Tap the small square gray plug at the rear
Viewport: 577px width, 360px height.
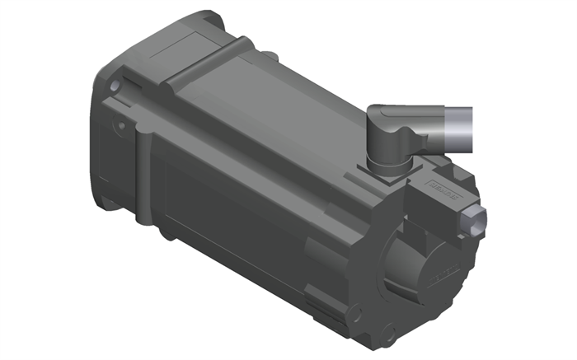pyautogui.click(x=476, y=221)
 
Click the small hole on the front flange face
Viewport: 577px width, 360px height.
pyautogui.click(x=121, y=126)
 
